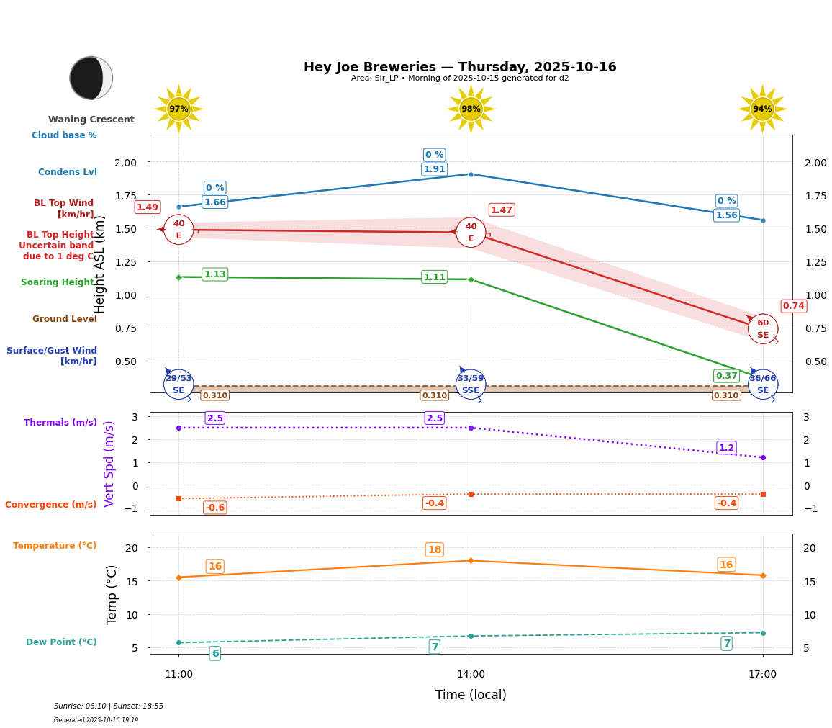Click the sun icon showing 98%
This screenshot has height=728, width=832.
(471, 109)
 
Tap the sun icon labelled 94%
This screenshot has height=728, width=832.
(762, 109)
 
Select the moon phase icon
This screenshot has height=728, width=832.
(91, 78)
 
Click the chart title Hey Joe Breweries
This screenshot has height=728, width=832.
(460, 67)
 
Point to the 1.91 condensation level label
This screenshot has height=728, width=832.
(434, 169)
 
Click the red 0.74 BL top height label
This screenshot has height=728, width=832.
(793, 306)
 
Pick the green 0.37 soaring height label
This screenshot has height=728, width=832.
(726, 376)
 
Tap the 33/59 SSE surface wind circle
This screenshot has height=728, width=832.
(471, 385)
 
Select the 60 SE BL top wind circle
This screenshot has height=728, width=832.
(763, 329)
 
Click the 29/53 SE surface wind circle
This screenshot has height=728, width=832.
(178, 385)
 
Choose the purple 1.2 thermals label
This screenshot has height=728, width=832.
(726, 448)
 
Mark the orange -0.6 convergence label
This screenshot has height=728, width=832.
(214, 508)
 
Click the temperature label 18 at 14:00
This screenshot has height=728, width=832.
(434, 550)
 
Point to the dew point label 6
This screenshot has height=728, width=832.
(214, 654)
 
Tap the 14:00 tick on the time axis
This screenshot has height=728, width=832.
(471, 675)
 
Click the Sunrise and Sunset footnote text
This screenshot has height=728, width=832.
(109, 706)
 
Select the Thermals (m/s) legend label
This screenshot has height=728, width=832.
(60, 423)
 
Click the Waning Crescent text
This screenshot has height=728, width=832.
(91, 120)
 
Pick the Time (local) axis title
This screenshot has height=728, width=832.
(471, 695)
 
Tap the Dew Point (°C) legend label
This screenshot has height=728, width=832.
(61, 642)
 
